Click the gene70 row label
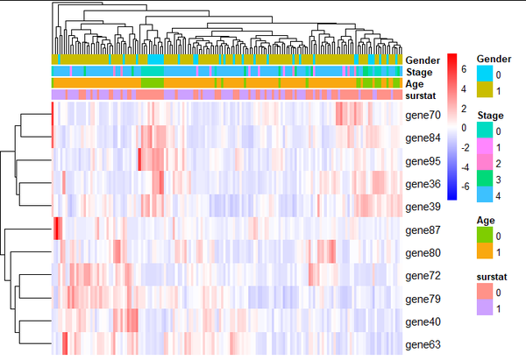click(423, 115)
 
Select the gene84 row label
click(423, 138)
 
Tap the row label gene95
click(423, 160)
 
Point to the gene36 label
click(423, 183)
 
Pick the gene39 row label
click(423, 206)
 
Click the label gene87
click(423, 229)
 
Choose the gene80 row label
click(423, 252)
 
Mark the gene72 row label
click(423, 275)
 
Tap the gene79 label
click(423, 298)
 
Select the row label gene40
click(423, 321)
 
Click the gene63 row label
click(423, 344)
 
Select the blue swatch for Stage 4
click(483, 190)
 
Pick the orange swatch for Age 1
click(483, 251)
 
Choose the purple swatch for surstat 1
click(483, 310)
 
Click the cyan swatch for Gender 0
click(483, 74)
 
